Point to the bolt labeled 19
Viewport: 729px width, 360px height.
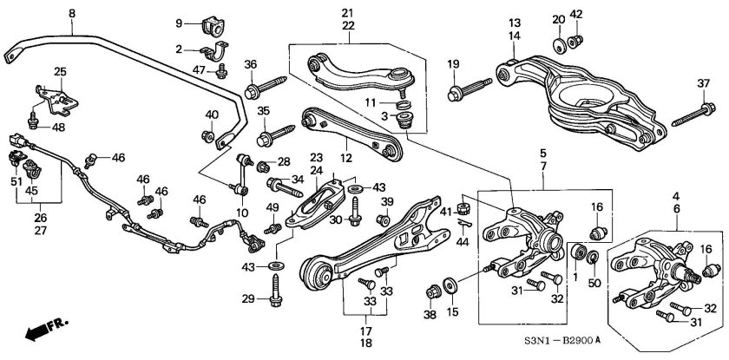point(469,89)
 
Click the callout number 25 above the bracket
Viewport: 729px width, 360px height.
point(60,71)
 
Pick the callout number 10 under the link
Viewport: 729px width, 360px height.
point(242,212)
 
